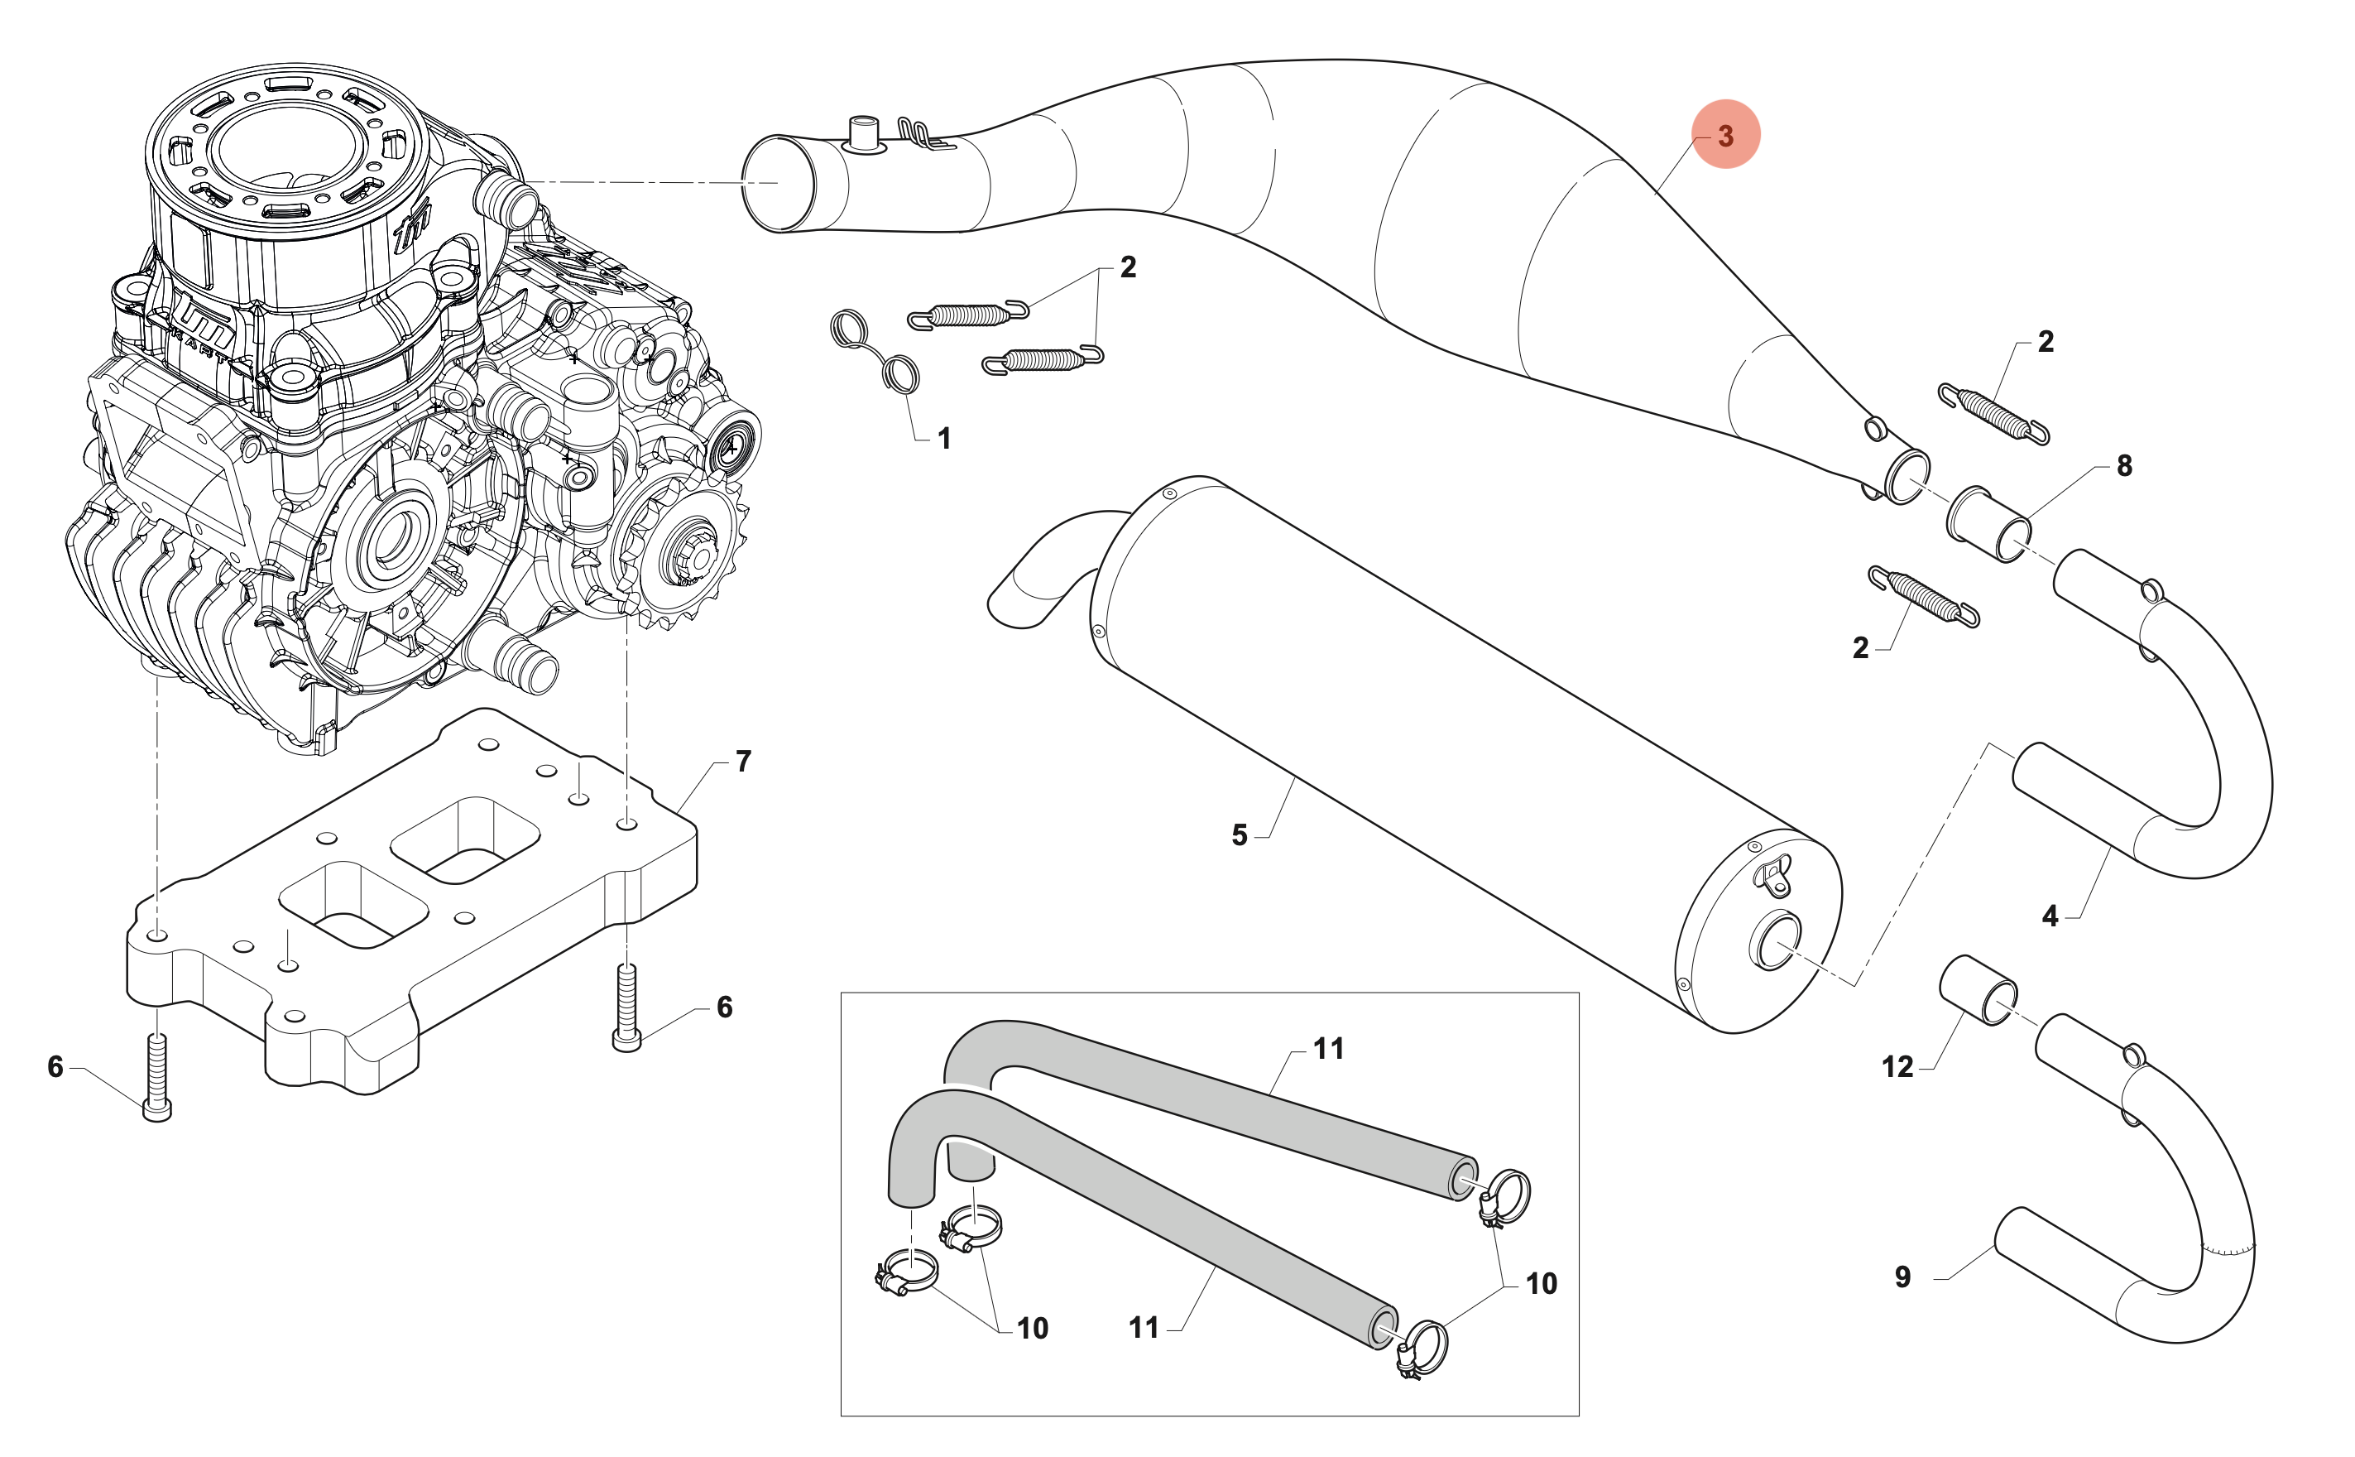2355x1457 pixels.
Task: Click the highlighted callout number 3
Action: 1725,135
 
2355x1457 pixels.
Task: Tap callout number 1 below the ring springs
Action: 944,439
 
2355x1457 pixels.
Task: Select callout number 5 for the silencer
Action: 1240,834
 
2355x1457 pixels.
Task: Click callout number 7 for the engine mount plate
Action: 742,762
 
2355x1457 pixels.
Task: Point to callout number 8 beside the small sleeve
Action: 2124,466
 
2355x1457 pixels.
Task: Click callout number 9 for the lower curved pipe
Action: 1902,1277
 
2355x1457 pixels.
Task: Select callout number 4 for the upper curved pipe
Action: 2050,916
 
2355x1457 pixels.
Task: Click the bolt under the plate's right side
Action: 626,1007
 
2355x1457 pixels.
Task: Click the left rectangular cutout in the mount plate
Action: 353,904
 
